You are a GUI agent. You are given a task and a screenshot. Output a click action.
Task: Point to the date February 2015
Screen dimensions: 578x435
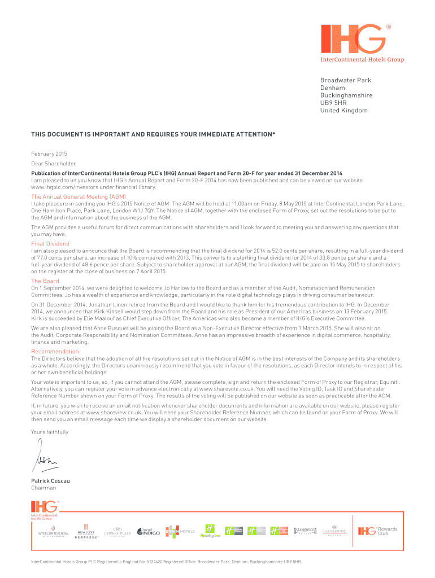click(49, 153)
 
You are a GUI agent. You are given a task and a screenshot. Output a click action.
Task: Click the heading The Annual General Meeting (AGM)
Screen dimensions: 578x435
click(78, 196)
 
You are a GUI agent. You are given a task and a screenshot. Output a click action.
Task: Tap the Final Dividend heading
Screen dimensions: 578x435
click(50, 244)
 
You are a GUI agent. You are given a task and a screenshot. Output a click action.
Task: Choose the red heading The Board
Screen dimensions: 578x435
click(45, 281)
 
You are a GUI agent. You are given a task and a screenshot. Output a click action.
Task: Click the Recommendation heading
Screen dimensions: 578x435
click(55, 351)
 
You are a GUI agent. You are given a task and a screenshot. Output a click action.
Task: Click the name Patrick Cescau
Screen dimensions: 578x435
click(51, 480)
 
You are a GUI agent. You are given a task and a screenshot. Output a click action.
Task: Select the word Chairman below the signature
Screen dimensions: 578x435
click(43, 488)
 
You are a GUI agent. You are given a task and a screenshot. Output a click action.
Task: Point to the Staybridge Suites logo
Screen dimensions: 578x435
click(307, 531)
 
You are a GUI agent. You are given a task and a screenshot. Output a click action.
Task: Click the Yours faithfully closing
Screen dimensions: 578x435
click(50, 432)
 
